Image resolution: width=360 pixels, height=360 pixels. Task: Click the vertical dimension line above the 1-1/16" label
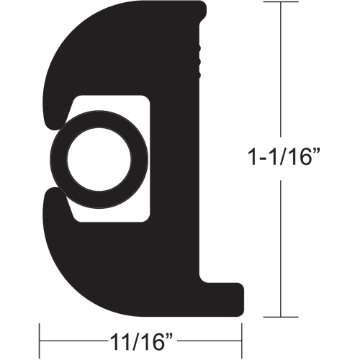[278, 72]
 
